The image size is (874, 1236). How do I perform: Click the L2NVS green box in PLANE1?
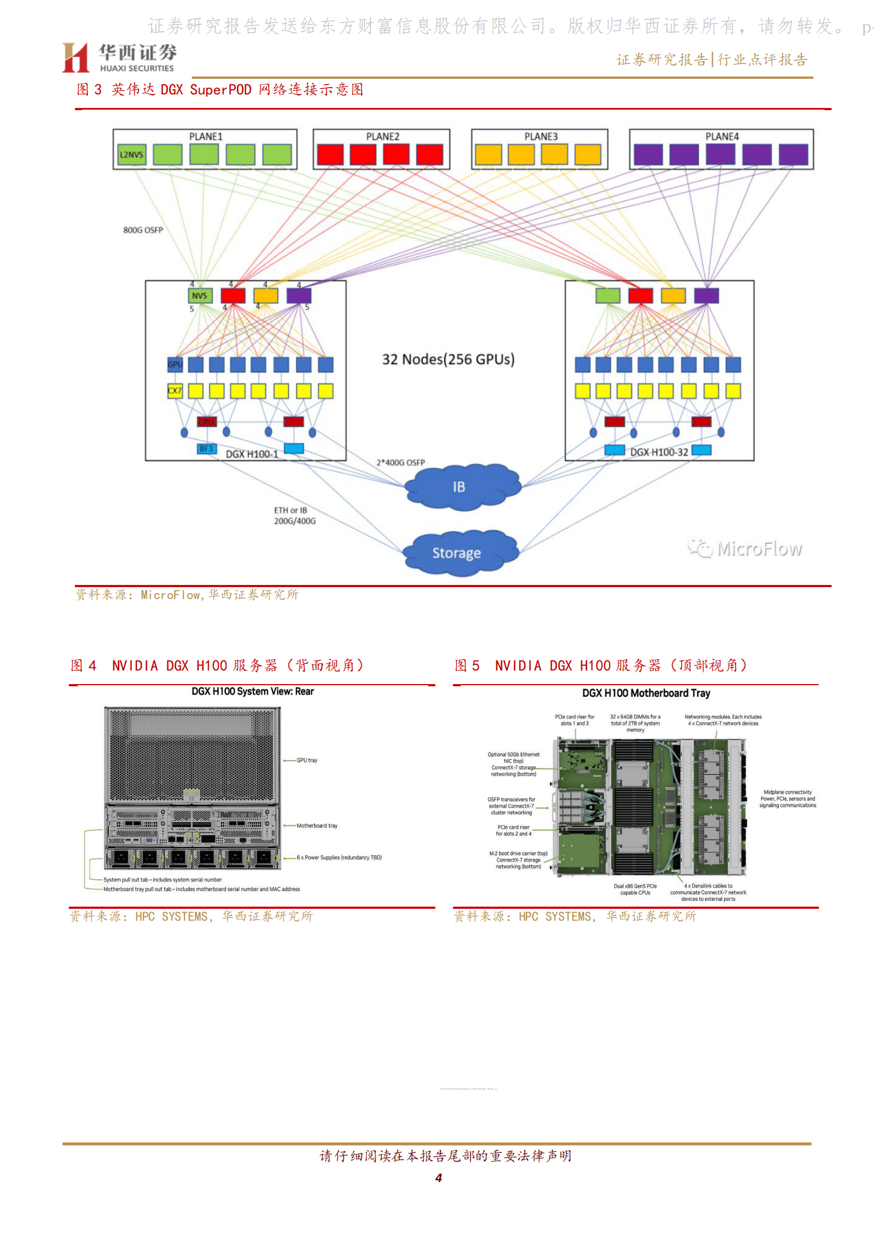132,155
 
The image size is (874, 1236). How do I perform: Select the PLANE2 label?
382,137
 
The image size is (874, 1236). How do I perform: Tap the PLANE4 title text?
722,137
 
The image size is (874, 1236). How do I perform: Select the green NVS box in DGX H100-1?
199,296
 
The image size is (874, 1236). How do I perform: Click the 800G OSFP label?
143,230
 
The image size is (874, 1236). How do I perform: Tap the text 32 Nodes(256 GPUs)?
448,360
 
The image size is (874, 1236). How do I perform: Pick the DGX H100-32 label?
659,452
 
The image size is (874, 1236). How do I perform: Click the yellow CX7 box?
175,391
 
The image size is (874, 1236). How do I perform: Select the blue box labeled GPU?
175,364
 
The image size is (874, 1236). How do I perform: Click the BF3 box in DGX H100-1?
206,449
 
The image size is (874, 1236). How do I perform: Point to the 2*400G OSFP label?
401,463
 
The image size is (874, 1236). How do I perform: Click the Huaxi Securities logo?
120,57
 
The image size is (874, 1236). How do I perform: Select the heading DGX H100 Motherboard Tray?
646,693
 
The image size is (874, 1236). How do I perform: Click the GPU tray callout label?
307,761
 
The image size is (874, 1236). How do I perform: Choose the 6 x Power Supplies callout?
339,858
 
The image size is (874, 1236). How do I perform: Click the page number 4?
439,1178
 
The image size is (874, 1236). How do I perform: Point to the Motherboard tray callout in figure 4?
317,826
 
